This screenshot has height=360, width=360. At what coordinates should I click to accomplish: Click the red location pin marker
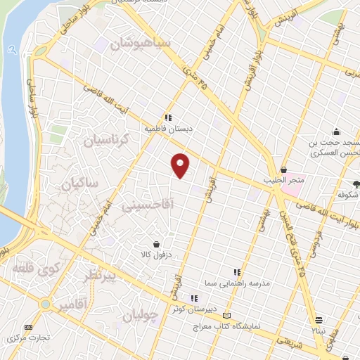click(x=181, y=165)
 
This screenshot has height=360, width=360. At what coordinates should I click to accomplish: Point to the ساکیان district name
click(x=79, y=184)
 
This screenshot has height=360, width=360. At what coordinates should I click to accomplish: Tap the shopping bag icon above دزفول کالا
click(x=166, y=243)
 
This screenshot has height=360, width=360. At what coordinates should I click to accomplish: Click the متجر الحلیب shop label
click(x=283, y=181)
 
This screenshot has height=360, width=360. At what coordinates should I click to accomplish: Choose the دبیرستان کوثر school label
click(x=205, y=308)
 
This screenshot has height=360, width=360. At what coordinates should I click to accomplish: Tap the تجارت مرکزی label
click(x=28, y=337)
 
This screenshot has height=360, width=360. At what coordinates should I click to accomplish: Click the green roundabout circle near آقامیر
click(x=46, y=304)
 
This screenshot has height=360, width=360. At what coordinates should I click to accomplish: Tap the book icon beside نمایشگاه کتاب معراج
click(x=226, y=315)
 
